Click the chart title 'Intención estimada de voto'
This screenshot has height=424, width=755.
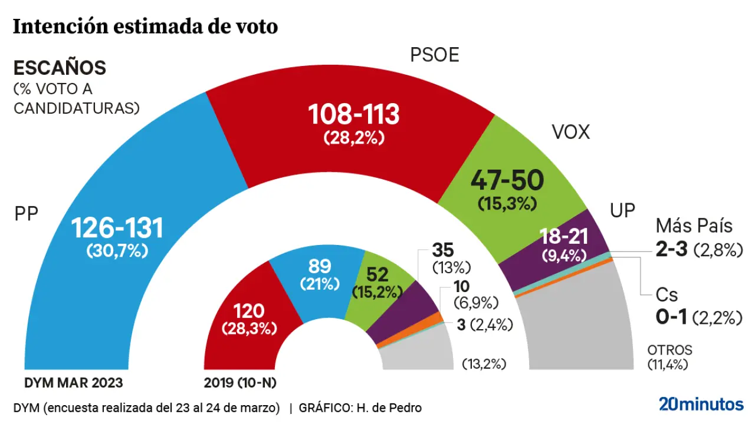pos(145,26)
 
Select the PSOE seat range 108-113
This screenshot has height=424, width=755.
pos(354,114)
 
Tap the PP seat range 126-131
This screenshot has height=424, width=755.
pos(117,228)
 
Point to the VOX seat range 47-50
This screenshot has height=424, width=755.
pos(507,181)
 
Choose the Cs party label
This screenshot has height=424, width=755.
pos(667,295)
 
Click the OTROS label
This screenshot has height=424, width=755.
pos(669,350)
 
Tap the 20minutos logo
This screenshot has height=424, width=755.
pos(701,404)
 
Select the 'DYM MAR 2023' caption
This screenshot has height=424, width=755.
pos(74,383)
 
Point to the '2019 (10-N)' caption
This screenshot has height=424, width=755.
pos(240,383)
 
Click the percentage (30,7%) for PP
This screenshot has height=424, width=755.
pos(117,250)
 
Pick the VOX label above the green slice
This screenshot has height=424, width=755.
pos(570,132)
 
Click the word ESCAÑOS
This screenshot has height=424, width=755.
pos(60,68)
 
